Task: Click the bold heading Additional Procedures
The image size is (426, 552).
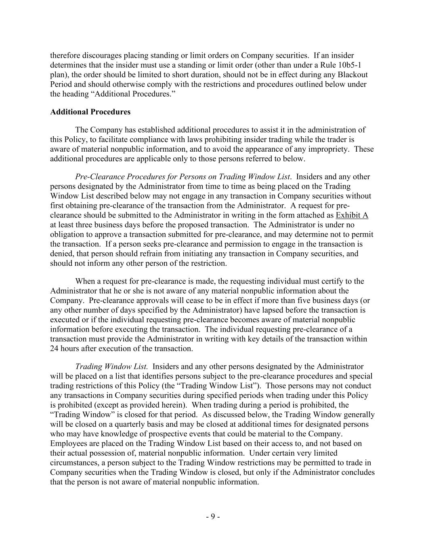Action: pyautogui.click(x=90, y=112)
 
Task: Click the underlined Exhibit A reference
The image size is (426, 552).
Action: pyautogui.click(x=352, y=215)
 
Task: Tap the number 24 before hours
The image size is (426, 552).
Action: pyautogui.click(x=55, y=349)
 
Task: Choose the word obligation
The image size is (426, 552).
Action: pyautogui.click(x=67, y=235)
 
